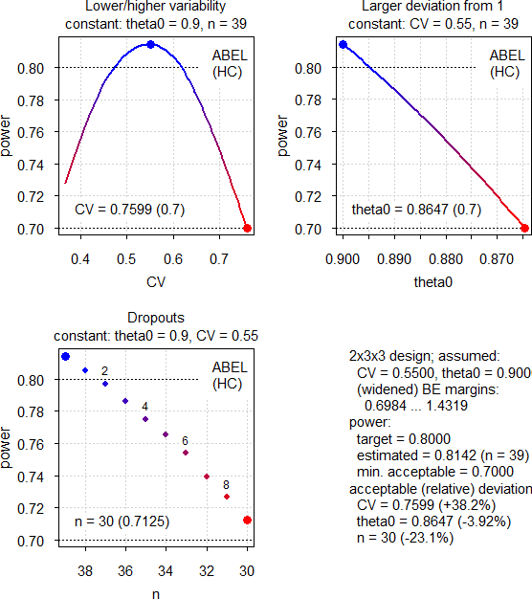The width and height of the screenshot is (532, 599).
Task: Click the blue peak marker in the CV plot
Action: click(x=150, y=44)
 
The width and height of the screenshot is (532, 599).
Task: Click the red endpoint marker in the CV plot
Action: click(x=248, y=228)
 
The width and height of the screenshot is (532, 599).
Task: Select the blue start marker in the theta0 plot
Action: click(x=343, y=44)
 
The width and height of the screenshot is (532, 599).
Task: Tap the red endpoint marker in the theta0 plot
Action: click(x=524, y=228)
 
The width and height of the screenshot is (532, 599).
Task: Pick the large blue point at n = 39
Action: click(x=65, y=356)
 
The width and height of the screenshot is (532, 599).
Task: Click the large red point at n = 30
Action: click(x=248, y=520)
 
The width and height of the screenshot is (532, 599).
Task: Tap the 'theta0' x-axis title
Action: click(x=433, y=283)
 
